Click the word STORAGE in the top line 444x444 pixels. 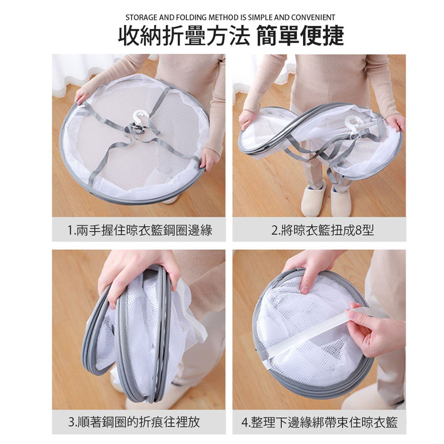[x=142, y=18]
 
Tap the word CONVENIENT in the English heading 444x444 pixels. [x=313, y=18]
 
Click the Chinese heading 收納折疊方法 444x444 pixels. [x=184, y=36]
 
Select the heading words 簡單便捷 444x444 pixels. [x=300, y=36]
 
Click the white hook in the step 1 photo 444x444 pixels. [x=140, y=119]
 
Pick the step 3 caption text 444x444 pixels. [x=134, y=422]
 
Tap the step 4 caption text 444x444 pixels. [x=320, y=422]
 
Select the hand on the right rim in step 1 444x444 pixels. [x=209, y=159]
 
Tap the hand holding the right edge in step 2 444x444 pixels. [x=395, y=122]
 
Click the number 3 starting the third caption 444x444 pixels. [x=72, y=422]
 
